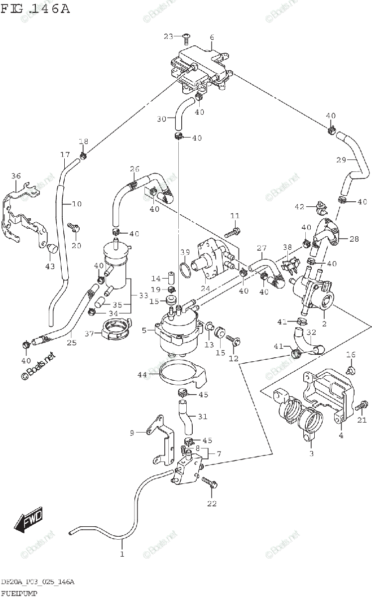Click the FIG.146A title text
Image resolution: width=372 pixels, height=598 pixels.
point(35,9)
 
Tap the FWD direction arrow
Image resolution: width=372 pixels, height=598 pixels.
point(29,519)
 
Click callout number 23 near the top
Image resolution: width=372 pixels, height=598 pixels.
point(169,36)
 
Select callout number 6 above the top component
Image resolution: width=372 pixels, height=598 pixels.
point(212,37)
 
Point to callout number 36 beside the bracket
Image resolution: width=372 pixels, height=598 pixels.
point(16,175)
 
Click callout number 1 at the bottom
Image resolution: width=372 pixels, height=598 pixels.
point(121,554)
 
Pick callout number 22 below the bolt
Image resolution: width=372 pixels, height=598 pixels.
point(212,503)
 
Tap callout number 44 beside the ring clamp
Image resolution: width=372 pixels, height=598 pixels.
point(142,374)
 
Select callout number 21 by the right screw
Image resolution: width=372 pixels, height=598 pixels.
point(362,420)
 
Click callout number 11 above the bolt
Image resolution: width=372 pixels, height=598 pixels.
point(235,215)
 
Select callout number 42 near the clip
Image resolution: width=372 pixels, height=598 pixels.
point(299,207)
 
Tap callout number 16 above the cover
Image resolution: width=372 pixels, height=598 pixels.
point(351,354)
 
